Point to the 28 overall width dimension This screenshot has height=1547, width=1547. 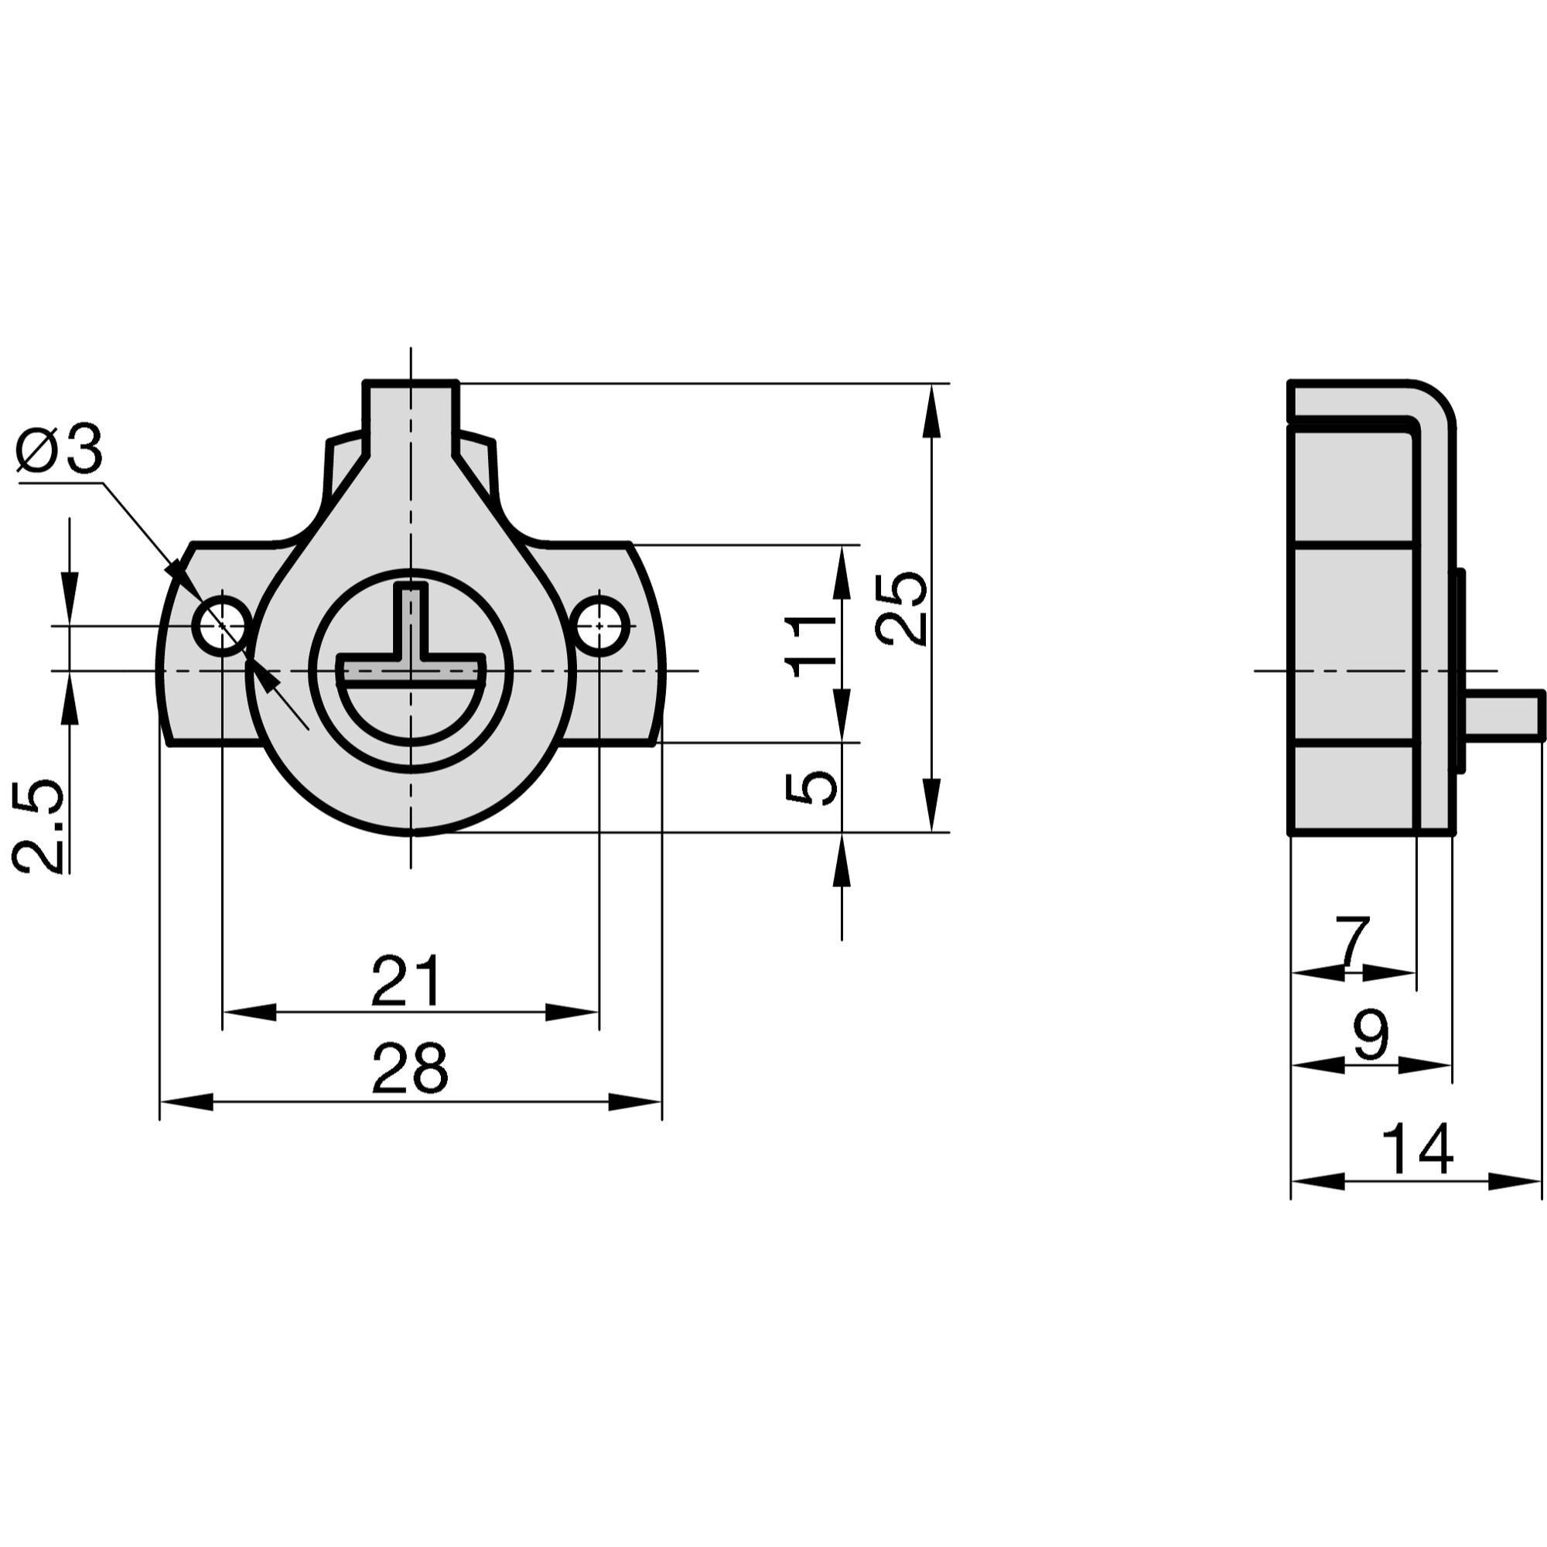[x=409, y=1068]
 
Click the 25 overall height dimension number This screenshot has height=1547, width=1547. [x=902, y=608]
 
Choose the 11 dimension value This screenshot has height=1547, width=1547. [x=811, y=646]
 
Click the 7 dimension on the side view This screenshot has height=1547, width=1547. [x=1353, y=942]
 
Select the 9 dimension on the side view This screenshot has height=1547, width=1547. [x=1371, y=1033]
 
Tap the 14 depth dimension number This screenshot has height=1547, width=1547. [x=1417, y=1149]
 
